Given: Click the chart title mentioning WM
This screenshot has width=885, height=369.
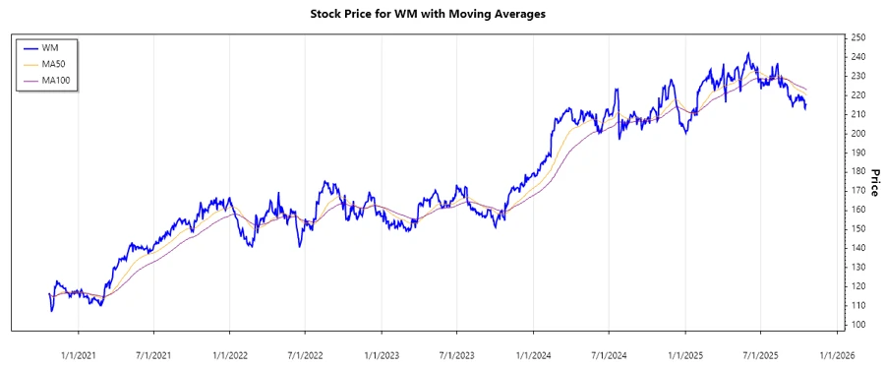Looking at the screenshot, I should (x=441, y=15).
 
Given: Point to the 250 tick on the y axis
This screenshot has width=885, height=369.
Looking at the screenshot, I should (x=858, y=37).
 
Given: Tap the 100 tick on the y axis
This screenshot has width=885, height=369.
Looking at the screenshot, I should (x=858, y=325).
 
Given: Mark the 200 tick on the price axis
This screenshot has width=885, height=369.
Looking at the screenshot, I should (x=858, y=133).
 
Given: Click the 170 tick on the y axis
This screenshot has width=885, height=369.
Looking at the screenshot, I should (x=858, y=191).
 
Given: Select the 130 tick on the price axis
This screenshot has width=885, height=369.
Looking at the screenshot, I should (x=858, y=268).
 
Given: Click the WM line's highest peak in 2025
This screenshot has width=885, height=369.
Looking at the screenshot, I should (x=748, y=53).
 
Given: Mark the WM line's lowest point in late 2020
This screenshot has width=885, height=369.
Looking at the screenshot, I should (x=51, y=311).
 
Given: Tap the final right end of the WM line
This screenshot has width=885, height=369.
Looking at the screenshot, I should (x=806, y=107).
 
